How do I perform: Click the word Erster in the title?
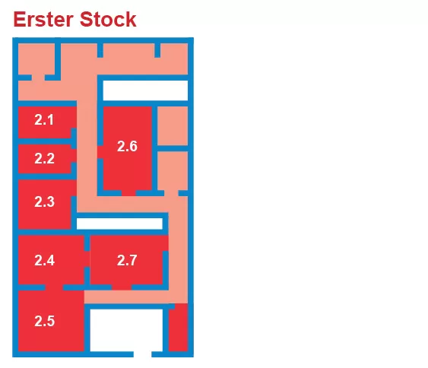43,19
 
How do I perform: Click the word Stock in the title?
108,19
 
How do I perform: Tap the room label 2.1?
44,120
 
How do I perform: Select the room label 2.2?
44,158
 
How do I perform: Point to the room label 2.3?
44,201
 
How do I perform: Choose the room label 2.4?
44,260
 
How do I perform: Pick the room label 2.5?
44,321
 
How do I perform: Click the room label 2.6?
127,146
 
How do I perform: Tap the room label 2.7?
127,260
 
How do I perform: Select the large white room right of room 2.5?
126,330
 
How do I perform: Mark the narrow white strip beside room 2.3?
119,224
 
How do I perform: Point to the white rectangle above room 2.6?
145,90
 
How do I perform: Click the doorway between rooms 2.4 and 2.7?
87,259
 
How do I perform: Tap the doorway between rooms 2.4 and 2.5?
54,287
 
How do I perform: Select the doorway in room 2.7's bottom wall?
122,287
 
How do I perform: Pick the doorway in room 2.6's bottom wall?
128,193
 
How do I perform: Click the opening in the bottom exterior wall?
142,354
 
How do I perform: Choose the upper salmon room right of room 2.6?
173,126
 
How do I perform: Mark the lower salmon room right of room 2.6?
173,170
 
